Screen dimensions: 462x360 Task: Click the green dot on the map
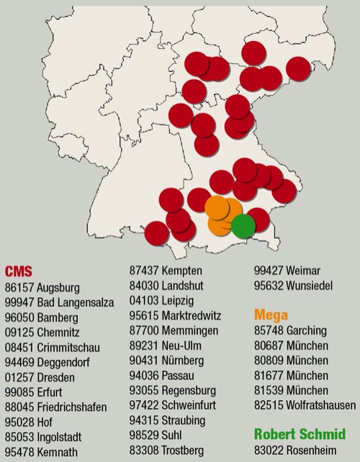pyautogui.click(x=243, y=226)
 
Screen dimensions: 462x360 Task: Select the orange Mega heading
pyautogui.click(x=271, y=314)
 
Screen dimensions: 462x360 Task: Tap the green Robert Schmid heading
pyautogui.click(x=300, y=434)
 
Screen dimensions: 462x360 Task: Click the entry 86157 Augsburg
pyautogui.click(x=44, y=286)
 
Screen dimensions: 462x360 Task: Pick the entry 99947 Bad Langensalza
pyautogui.click(x=59, y=302)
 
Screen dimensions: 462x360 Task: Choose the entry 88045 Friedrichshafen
pyautogui.click(x=55, y=407)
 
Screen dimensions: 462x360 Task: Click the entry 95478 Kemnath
pyautogui.click(x=44, y=452)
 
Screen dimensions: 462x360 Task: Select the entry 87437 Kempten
pyautogui.click(x=166, y=271)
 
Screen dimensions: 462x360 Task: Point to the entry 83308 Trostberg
pyautogui.click(x=166, y=450)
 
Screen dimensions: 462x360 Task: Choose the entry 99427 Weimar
pyautogui.click(x=287, y=271)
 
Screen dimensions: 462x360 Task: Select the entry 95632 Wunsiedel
pyautogui.click(x=294, y=286)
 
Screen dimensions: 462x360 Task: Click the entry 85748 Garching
pyautogui.click(x=290, y=330)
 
